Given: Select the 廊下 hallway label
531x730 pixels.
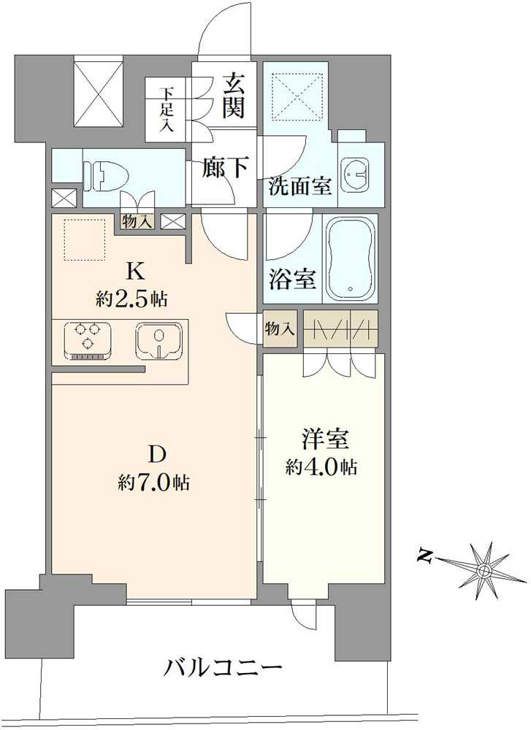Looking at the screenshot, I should pyautogui.click(x=224, y=167).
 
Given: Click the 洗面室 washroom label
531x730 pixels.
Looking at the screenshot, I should pyautogui.click(x=300, y=186).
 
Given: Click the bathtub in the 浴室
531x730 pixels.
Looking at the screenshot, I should pyautogui.click(x=351, y=258).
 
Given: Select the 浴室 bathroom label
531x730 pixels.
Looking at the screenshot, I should pyautogui.click(x=293, y=279).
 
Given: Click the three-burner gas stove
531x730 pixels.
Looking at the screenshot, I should pyautogui.click(x=88, y=339).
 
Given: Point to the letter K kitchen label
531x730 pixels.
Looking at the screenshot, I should pyautogui.click(x=135, y=272).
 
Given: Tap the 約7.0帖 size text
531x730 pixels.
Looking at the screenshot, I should pyautogui.click(x=154, y=482).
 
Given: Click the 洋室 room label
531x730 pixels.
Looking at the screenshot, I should pyautogui.click(x=324, y=439).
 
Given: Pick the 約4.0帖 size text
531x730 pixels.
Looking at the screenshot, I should pyautogui.click(x=321, y=466).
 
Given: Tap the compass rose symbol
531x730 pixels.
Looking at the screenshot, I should pyautogui.click(x=483, y=569).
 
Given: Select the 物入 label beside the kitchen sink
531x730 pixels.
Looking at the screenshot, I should pyautogui.click(x=280, y=329).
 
